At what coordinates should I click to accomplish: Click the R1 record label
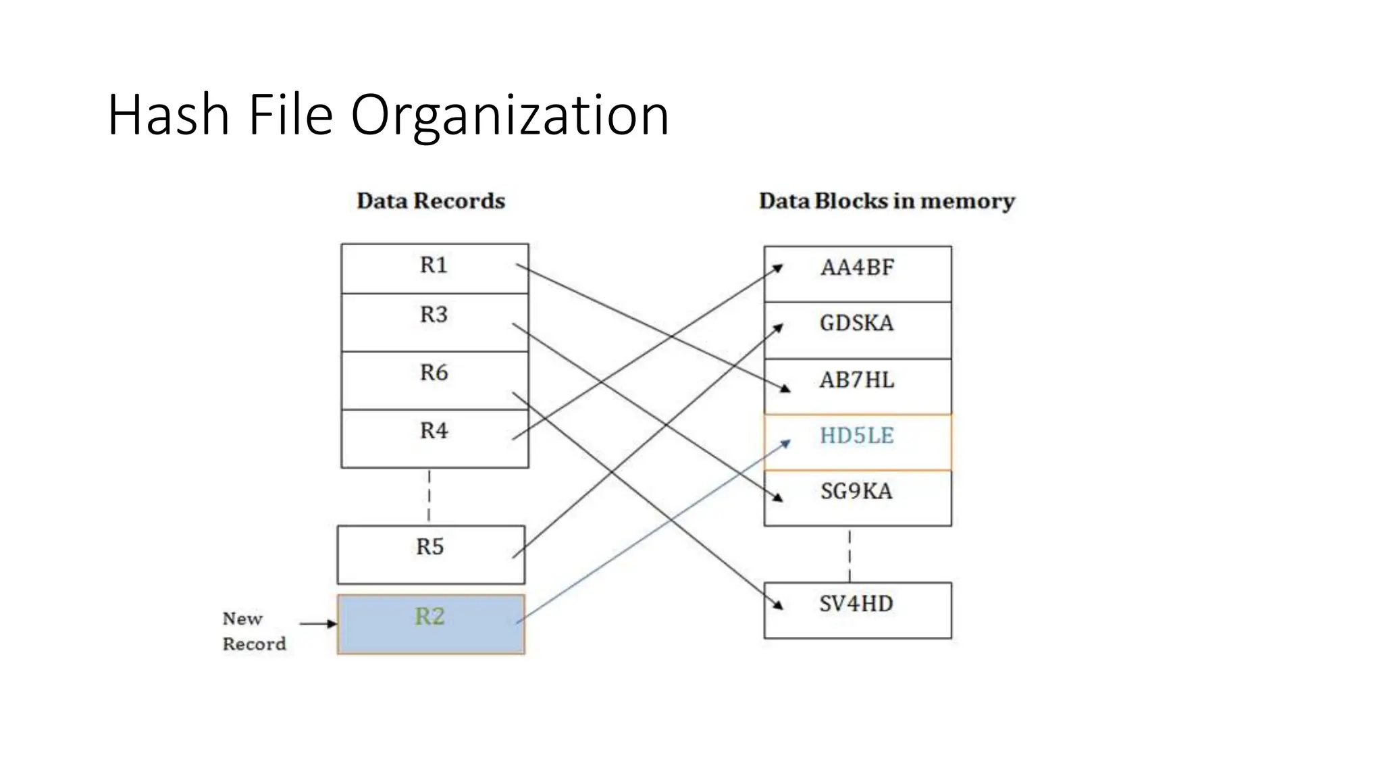[x=434, y=265]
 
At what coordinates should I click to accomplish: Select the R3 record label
[x=434, y=315]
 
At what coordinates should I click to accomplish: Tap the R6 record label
[x=434, y=373]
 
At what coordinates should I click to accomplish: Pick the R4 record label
[x=434, y=431]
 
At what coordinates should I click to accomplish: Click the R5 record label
[x=430, y=547]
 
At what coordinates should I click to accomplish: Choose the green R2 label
[x=429, y=617]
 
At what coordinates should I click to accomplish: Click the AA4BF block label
[x=857, y=268]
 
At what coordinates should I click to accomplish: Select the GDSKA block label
[x=856, y=323]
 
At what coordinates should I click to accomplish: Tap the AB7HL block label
[x=856, y=380]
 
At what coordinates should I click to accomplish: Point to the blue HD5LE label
[x=856, y=436]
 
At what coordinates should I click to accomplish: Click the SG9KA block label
[x=856, y=492]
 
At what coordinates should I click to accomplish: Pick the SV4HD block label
[x=856, y=604]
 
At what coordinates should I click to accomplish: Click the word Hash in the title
[x=168, y=115]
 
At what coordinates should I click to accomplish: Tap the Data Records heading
[x=431, y=201]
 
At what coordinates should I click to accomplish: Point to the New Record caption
[x=253, y=631]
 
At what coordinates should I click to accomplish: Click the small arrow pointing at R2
[x=317, y=623]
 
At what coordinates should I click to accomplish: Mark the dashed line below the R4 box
[x=429, y=496]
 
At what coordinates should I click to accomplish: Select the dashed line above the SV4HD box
[x=850, y=555]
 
